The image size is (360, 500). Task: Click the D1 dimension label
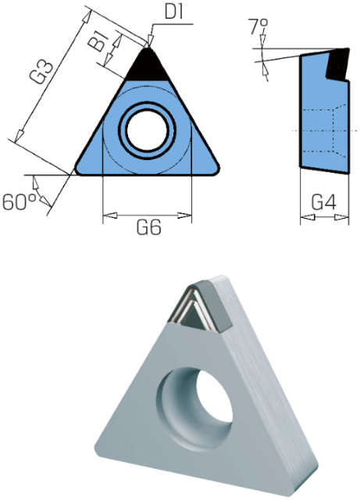tap(174, 12)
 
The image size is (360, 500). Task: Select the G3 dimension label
tap(41, 73)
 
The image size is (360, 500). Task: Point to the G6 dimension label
tap(149, 227)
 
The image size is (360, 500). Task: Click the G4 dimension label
tap(323, 202)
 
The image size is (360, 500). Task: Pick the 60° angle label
tap(19, 202)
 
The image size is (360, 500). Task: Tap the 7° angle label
tap(258, 26)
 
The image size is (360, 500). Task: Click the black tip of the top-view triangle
tap(148, 66)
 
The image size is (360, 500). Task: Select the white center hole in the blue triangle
tap(147, 130)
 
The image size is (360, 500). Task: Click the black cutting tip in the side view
tap(338, 64)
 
